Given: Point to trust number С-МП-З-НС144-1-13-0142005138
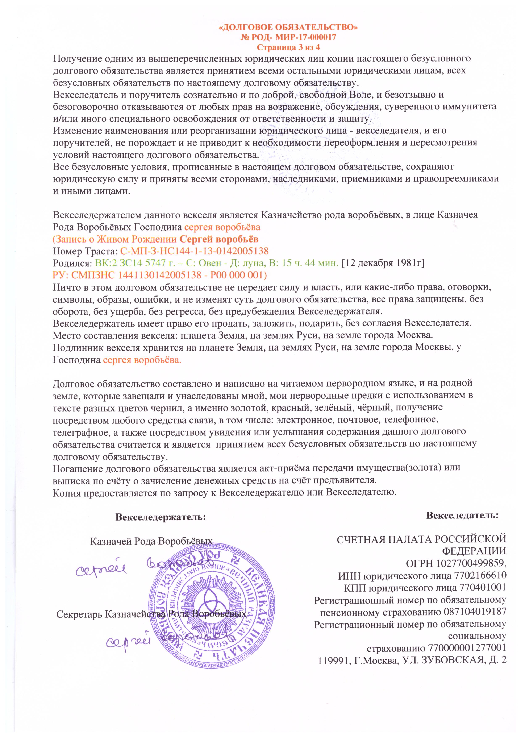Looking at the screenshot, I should [194, 251].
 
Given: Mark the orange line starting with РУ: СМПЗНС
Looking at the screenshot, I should [160, 275].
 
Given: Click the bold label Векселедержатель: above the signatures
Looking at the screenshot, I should [161, 517].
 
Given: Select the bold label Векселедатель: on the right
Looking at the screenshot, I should [462, 516].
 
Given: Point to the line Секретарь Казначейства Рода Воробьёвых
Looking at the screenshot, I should [151, 614].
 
